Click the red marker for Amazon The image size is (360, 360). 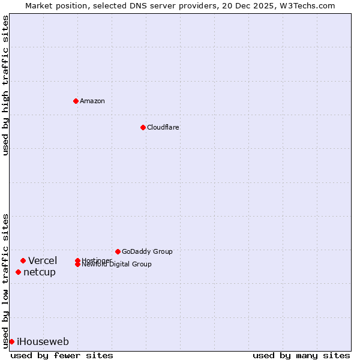76,101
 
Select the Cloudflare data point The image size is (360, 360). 143,127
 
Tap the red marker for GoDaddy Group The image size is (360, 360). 118,251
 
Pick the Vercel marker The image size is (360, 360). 23,260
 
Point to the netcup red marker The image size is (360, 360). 18,272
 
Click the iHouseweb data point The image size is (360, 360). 11,341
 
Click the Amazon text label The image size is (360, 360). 92,101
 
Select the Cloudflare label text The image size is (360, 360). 163,127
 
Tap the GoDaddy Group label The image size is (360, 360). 147,251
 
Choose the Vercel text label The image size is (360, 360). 43,260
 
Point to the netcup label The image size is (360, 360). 40,272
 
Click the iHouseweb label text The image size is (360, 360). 43,341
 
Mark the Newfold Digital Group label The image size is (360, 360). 116,265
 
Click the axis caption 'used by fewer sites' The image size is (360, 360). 62,355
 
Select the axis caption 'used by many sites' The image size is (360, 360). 301,355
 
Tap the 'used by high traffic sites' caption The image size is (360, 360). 5,85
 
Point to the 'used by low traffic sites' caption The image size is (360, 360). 5,281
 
